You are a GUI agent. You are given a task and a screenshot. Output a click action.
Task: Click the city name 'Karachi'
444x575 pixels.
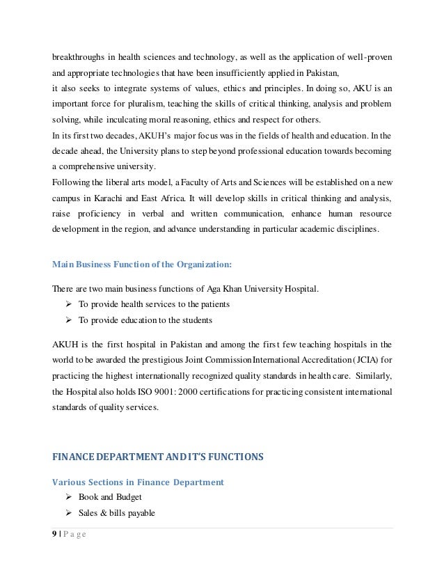click(107, 198)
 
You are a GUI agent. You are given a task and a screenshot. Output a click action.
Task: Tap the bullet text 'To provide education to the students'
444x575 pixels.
click(145, 320)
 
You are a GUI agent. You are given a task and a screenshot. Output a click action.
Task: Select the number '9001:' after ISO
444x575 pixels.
click(161, 391)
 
